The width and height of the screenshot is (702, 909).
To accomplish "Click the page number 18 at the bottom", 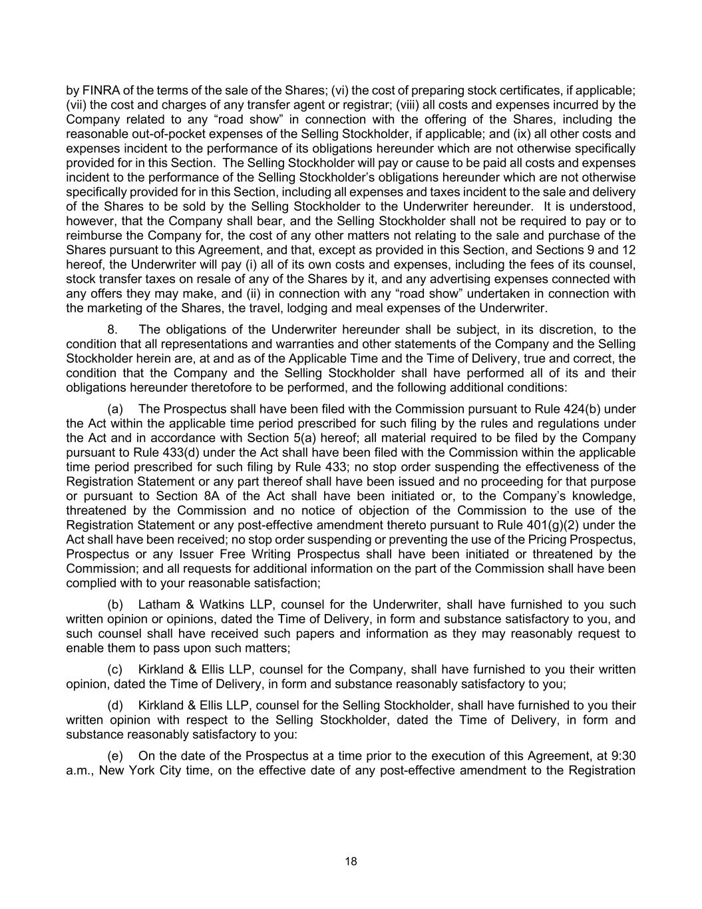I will (351, 861).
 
